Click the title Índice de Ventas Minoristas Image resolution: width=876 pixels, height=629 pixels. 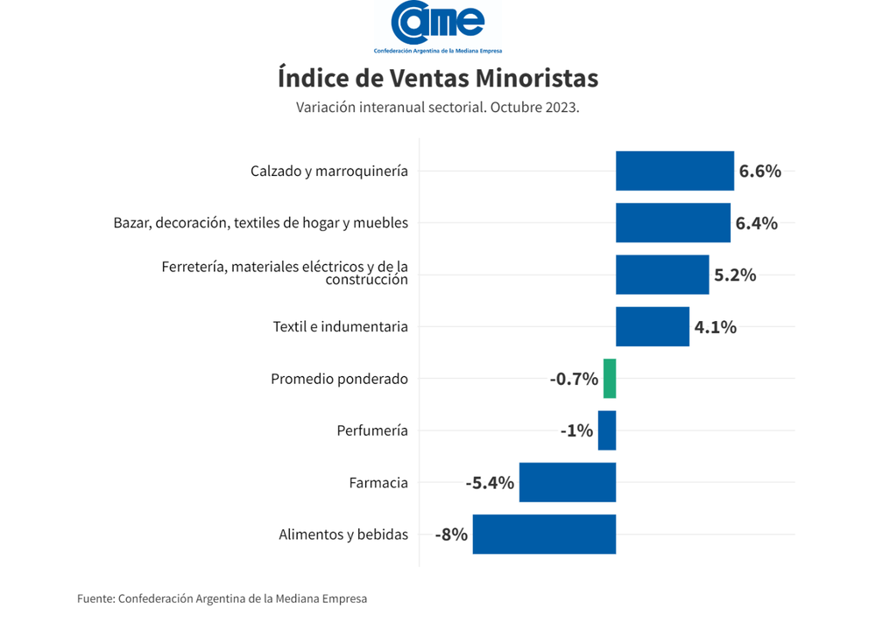438,78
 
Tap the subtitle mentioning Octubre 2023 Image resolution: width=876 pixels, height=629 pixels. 438,108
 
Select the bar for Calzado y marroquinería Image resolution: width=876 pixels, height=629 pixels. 675,171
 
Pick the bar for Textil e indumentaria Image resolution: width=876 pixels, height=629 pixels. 653,326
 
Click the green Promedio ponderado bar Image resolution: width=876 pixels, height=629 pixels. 610,378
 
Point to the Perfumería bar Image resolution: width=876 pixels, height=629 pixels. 607,430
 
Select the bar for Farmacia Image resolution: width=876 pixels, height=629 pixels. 568,482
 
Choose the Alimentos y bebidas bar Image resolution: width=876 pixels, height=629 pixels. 544,534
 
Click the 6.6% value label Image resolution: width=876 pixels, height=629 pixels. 760,171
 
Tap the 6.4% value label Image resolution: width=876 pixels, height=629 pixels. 757,223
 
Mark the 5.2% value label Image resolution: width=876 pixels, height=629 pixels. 735,275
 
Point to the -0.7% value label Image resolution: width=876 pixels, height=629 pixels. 574,379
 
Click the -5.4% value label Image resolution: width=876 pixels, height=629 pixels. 490,482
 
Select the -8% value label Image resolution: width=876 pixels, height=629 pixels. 451,534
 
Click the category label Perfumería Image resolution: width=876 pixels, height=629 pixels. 372,430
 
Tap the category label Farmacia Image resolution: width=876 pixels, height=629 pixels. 378,482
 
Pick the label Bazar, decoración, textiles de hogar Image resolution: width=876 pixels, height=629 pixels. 261,223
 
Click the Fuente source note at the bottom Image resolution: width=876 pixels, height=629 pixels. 223,599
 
